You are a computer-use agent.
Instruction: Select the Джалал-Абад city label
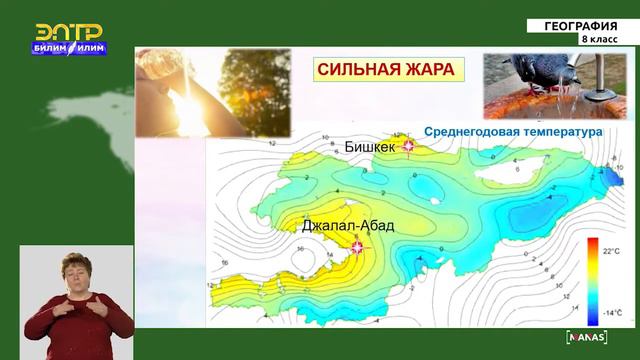347,226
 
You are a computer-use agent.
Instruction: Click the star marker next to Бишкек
407,146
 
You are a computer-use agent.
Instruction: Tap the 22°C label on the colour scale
609,252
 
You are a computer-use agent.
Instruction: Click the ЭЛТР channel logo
69,32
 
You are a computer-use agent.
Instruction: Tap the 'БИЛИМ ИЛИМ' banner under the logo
69,48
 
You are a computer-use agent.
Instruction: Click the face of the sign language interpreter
76,271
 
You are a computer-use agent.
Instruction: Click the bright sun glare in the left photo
189,100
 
